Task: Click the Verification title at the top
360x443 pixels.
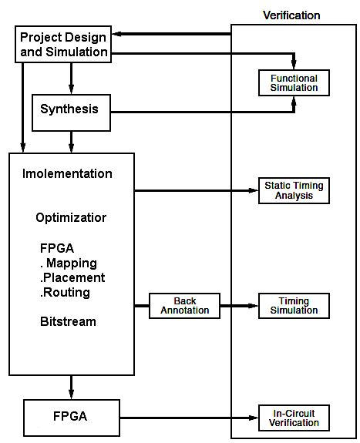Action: click(x=291, y=15)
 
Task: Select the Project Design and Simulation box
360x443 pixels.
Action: click(x=63, y=45)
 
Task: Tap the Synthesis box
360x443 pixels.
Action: click(x=69, y=109)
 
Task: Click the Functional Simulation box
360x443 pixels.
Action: click(x=294, y=83)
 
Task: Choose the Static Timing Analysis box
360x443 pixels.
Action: click(x=294, y=190)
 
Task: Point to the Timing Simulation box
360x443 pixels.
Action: click(x=294, y=305)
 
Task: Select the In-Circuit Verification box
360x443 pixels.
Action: click(x=294, y=418)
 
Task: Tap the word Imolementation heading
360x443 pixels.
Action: click(x=66, y=173)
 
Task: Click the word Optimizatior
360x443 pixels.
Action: click(x=71, y=218)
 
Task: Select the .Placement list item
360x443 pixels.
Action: click(x=72, y=278)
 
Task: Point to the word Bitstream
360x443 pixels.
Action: click(x=68, y=322)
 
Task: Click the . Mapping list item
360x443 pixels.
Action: click(x=68, y=263)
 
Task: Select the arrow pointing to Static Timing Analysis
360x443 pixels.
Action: click(x=196, y=190)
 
